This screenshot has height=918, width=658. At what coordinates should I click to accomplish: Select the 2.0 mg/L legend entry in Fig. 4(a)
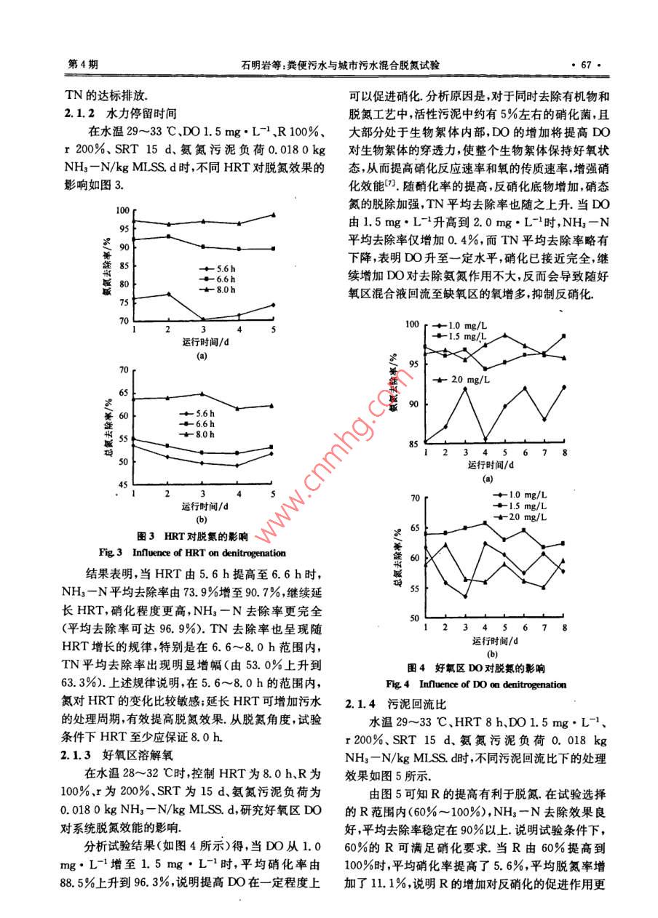coord(468,379)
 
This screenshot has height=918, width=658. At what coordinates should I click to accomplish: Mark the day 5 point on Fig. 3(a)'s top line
coord(273,215)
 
